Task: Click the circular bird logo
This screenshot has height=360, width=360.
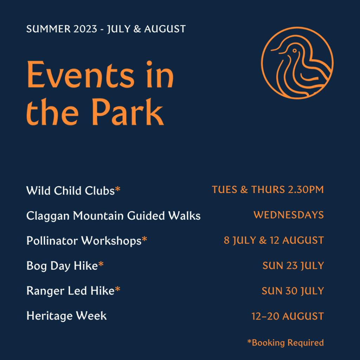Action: pyautogui.click(x=297, y=63)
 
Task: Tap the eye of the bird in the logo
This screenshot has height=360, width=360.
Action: pyautogui.click(x=294, y=51)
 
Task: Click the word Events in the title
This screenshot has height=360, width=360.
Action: pyautogui.click(x=81, y=75)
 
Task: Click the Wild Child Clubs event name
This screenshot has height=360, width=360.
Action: pyautogui.click(x=70, y=191)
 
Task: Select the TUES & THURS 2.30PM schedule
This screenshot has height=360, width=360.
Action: pyautogui.click(x=268, y=190)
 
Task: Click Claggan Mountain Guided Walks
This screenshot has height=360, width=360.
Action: pyautogui.click(x=113, y=216)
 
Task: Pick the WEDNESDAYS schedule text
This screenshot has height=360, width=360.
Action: pyautogui.click(x=288, y=215)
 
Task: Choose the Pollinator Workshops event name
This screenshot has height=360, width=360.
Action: pyautogui.click(x=84, y=241)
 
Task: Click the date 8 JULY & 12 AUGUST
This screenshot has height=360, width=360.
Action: pyautogui.click(x=274, y=240)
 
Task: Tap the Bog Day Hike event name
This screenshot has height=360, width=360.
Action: pyautogui.click(x=62, y=266)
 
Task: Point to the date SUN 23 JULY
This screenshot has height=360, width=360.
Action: pyautogui.click(x=293, y=266)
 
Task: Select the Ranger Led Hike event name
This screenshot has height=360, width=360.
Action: pyautogui.click(x=70, y=291)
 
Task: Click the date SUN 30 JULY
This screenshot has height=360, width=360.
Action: pyautogui.click(x=292, y=291)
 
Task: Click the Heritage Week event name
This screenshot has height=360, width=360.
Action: pyautogui.click(x=66, y=316)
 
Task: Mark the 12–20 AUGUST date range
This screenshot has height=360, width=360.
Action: pyautogui.click(x=287, y=316)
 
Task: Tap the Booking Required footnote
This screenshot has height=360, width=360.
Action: pyautogui.click(x=285, y=342)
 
